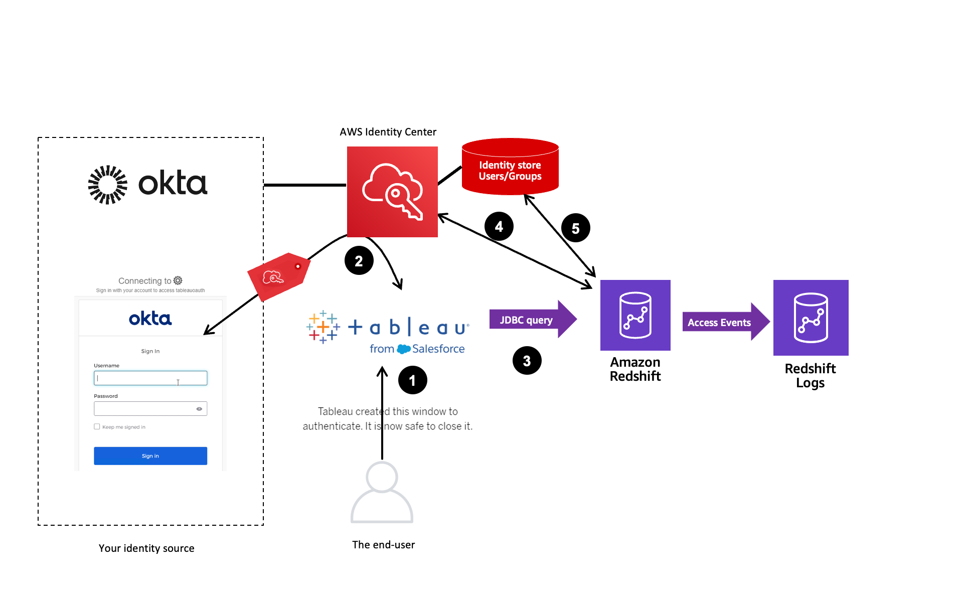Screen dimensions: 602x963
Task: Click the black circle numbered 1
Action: tap(412, 380)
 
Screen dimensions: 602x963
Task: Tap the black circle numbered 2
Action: tap(359, 261)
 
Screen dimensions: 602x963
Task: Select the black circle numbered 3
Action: tap(527, 360)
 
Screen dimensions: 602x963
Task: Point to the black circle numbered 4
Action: tap(499, 226)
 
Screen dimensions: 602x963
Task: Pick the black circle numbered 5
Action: tap(575, 228)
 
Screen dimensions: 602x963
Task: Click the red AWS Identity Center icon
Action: tap(392, 192)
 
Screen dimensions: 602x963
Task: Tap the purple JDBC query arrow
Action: tap(532, 320)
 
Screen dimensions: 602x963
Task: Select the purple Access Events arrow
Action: tap(724, 322)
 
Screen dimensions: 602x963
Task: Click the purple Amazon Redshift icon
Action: tap(635, 315)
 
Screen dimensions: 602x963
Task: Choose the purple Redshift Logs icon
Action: tap(811, 318)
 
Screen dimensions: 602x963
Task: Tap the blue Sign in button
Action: tap(150, 456)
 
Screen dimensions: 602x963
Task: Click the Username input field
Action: tap(150, 378)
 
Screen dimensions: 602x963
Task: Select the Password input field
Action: tap(145, 408)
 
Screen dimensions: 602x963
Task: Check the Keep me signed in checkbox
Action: tap(97, 426)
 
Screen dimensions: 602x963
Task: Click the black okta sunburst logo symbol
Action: tap(107, 185)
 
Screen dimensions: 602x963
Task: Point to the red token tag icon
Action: tap(279, 276)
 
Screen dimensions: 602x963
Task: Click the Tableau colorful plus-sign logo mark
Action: tap(323, 327)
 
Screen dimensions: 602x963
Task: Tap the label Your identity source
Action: tap(146, 548)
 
